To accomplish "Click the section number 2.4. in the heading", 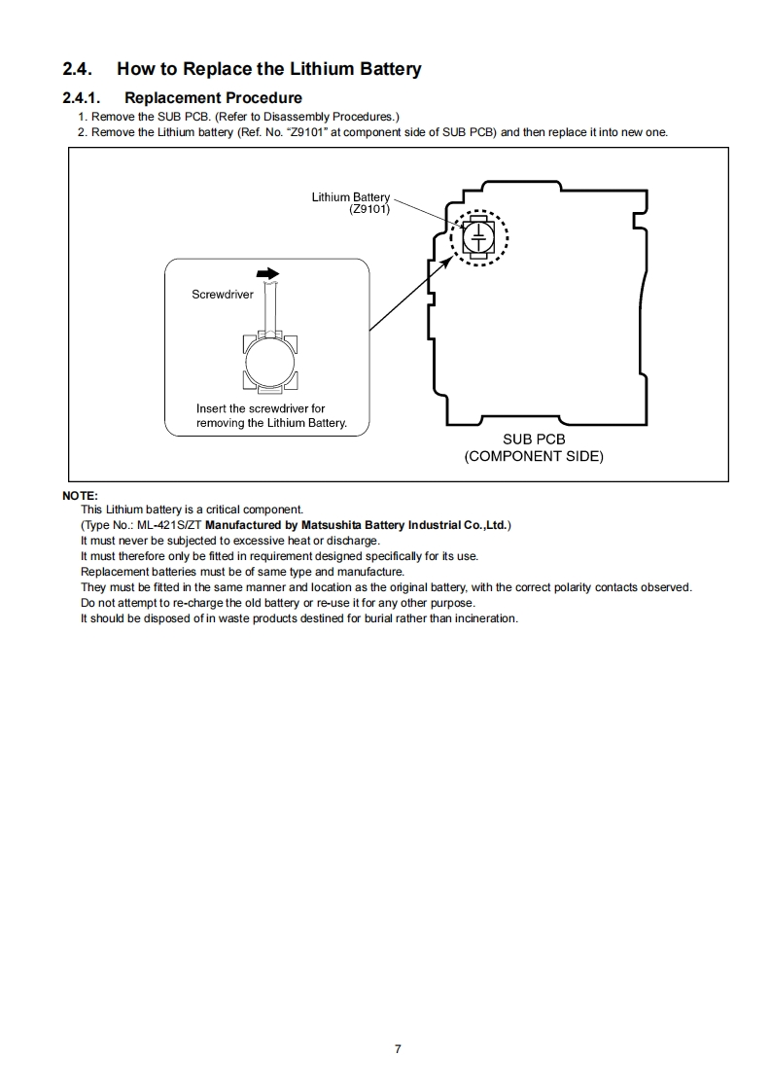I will [77, 69].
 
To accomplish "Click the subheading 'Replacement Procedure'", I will [213, 97].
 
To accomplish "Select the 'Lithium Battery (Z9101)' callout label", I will [351, 203].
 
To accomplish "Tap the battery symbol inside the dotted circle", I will [478, 237].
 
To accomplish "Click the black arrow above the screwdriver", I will [268, 274].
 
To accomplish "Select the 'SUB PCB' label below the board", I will [534, 440].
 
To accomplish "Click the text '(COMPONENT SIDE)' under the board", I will [534, 456].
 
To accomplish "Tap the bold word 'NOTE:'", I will [80, 496].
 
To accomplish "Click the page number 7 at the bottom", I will [398, 1048].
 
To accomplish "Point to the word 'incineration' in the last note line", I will [485, 618].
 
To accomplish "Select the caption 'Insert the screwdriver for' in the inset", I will [261, 408].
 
